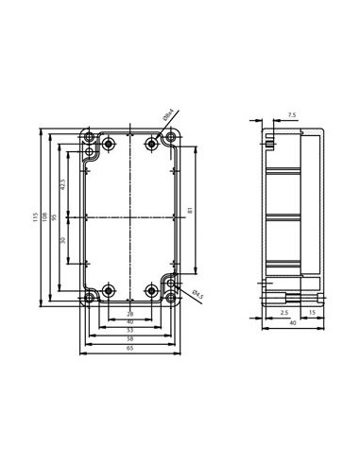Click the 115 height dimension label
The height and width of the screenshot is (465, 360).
35,217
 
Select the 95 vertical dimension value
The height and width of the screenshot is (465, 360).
55,217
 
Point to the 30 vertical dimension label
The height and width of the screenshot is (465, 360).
63,242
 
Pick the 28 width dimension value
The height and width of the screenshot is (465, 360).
130,313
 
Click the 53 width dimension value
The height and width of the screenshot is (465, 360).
130,331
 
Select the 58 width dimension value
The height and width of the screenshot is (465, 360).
130,339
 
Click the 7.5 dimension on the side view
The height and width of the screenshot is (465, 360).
291,115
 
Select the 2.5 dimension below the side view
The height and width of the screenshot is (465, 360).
283,313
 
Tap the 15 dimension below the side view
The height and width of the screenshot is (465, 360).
313,313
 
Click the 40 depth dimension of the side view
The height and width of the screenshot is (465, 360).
293,323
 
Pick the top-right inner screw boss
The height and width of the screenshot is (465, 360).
153,144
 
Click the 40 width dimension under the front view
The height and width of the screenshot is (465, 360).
130,322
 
